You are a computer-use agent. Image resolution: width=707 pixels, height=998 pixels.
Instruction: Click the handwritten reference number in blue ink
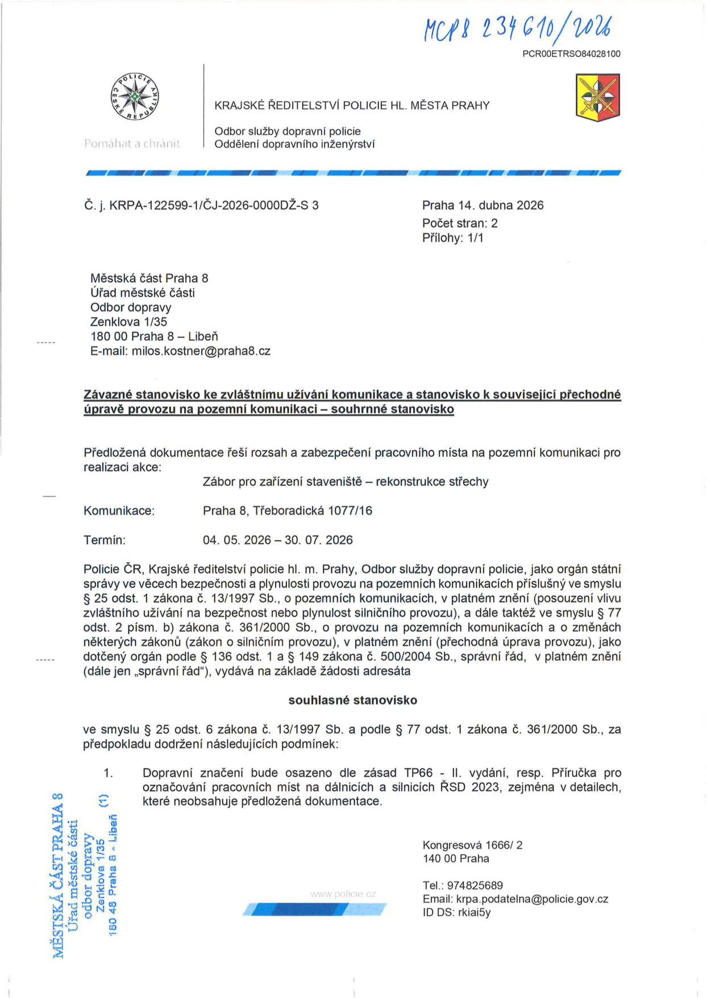click(x=518, y=29)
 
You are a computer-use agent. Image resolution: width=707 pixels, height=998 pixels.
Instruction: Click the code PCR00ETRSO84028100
click(x=571, y=54)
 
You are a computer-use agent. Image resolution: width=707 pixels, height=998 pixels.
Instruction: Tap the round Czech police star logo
click(x=135, y=97)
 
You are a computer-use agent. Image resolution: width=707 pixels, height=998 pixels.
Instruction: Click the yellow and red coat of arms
click(x=597, y=97)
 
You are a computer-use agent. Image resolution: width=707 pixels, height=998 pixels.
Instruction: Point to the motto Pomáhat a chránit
click(x=132, y=144)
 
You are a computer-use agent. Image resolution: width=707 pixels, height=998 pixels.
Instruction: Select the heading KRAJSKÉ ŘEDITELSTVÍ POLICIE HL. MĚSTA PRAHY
click(x=352, y=106)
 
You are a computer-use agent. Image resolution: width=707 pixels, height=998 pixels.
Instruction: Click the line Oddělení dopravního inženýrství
click(x=294, y=144)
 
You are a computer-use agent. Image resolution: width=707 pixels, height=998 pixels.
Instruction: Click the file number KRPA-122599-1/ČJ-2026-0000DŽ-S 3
click(x=214, y=206)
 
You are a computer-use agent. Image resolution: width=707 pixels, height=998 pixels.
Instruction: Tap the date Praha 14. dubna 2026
click(x=483, y=205)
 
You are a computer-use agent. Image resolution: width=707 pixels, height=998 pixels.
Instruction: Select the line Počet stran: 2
click(x=460, y=223)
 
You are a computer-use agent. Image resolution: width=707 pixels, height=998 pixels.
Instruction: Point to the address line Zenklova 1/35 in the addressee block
click(x=128, y=322)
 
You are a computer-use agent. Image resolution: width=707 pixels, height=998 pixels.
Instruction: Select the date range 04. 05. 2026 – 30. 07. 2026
click(x=277, y=540)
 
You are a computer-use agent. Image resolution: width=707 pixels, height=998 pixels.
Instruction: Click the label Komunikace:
click(x=119, y=511)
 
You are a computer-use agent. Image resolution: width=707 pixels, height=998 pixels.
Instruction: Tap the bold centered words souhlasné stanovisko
click(x=352, y=700)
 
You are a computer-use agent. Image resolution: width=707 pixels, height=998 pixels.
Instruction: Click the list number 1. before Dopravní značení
click(x=108, y=773)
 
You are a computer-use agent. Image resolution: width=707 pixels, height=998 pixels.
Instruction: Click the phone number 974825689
click(x=475, y=886)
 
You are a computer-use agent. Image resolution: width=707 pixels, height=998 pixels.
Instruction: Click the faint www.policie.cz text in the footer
click(x=343, y=894)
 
